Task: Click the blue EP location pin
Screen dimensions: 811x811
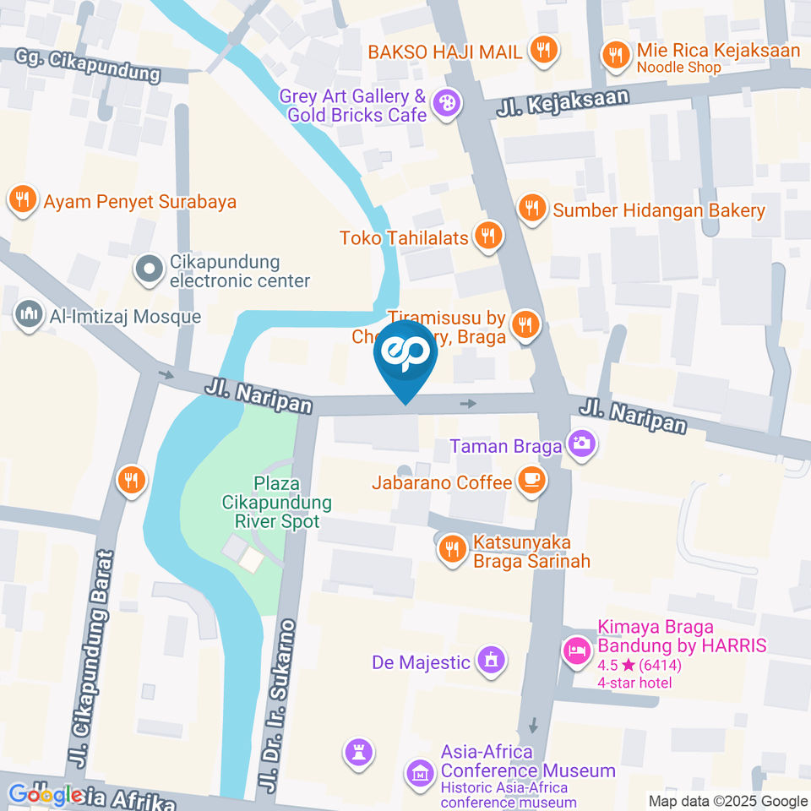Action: coord(405,355)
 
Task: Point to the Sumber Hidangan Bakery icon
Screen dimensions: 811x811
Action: coord(531,208)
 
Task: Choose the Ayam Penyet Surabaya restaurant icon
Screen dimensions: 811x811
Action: coord(21,200)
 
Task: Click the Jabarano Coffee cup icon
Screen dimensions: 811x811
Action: coord(531,482)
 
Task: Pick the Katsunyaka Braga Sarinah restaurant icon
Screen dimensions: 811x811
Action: coord(452,550)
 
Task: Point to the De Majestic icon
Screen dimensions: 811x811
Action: coord(490,660)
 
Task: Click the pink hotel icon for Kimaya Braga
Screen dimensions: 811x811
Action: coord(577,650)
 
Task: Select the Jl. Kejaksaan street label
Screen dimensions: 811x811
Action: coord(563,105)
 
